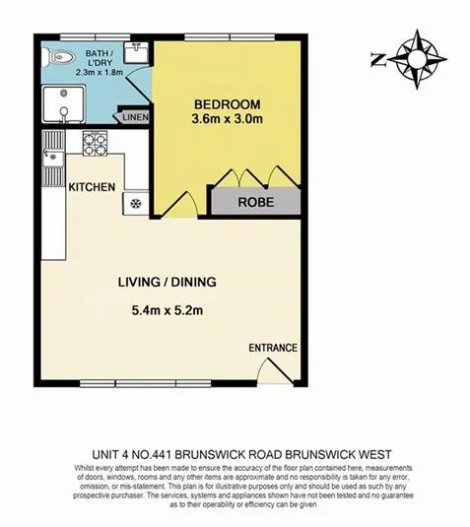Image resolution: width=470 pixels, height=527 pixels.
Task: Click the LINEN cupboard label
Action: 134,118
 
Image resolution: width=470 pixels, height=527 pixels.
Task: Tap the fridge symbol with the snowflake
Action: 135,204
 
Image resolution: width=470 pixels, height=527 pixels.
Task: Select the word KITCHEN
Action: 92,187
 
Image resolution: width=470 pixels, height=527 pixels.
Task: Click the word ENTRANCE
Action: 273,348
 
